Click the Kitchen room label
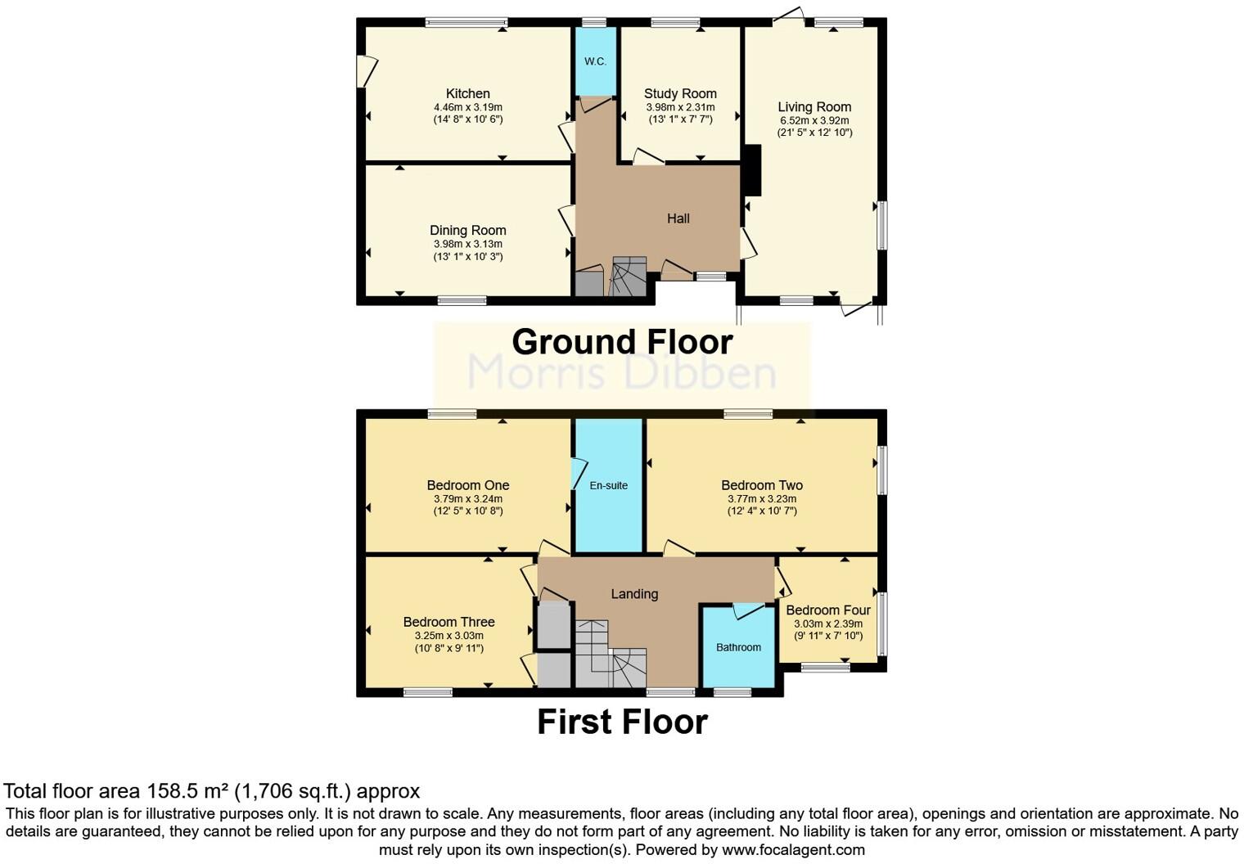tap(467, 93)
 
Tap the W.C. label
tap(595, 61)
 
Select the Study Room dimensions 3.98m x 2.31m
tap(680, 107)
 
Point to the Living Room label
tap(814, 106)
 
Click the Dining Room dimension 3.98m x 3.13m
tap(467, 244)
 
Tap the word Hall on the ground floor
tap(678, 218)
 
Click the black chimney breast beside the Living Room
tap(752, 170)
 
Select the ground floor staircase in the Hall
tap(629, 277)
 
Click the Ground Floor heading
tap(622, 342)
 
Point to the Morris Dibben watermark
tap(622, 372)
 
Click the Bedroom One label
tap(467, 485)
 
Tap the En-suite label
tap(608, 485)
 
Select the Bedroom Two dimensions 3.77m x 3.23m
tap(761, 498)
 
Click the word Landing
tap(634, 594)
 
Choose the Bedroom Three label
tap(448, 622)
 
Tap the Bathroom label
tap(738, 647)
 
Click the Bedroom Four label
tap(827, 610)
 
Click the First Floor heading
tap(622, 722)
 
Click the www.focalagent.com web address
tap(793, 849)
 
